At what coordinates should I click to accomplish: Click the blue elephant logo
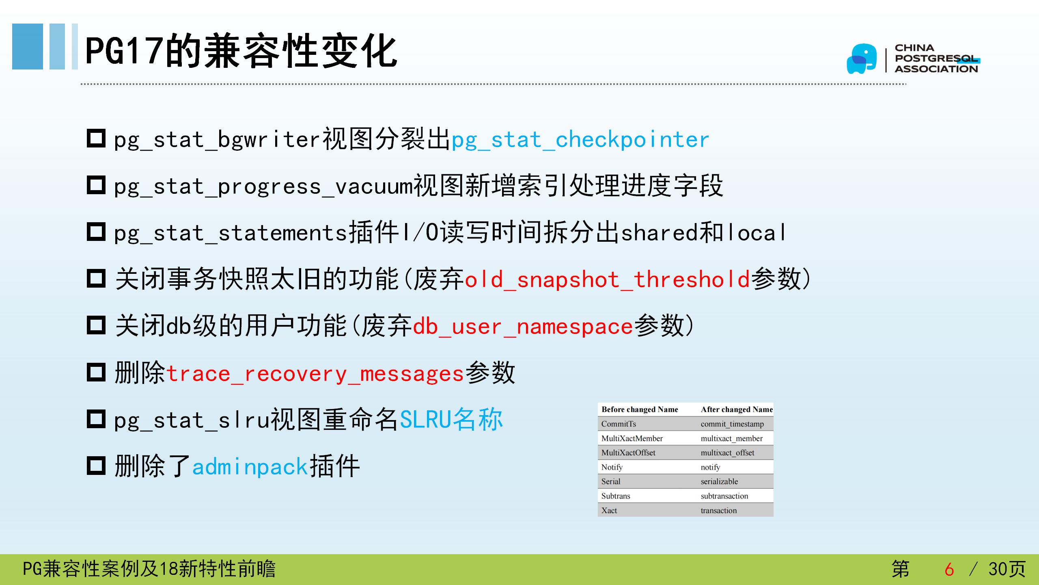click(x=861, y=59)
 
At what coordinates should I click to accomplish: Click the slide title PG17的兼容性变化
click(x=241, y=51)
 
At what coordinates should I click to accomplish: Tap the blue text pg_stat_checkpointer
click(x=580, y=139)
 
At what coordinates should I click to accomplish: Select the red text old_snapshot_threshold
click(x=607, y=279)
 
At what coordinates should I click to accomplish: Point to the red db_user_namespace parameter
click(x=523, y=326)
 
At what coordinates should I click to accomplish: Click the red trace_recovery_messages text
click(x=315, y=373)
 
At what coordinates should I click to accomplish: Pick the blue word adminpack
click(x=250, y=466)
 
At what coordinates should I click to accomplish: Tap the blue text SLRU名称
click(x=451, y=419)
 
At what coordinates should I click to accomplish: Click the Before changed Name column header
click(x=640, y=409)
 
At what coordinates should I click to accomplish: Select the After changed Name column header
click(x=737, y=409)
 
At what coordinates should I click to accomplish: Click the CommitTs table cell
click(x=619, y=424)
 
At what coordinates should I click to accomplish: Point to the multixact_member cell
click(x=731, y=438)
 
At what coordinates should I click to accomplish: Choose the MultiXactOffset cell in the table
click(x=628, y=453)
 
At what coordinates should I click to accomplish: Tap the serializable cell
click(x=719, y=481)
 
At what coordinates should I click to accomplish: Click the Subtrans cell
click(x=616, y=496)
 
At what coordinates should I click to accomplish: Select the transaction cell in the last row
click(x=718, y=511)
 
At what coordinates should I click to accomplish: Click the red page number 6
click(x=949, y=569)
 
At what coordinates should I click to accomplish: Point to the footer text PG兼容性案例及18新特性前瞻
click(x=149, y=569)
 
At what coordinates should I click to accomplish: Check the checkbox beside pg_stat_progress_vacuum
click(x=96, y=185)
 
